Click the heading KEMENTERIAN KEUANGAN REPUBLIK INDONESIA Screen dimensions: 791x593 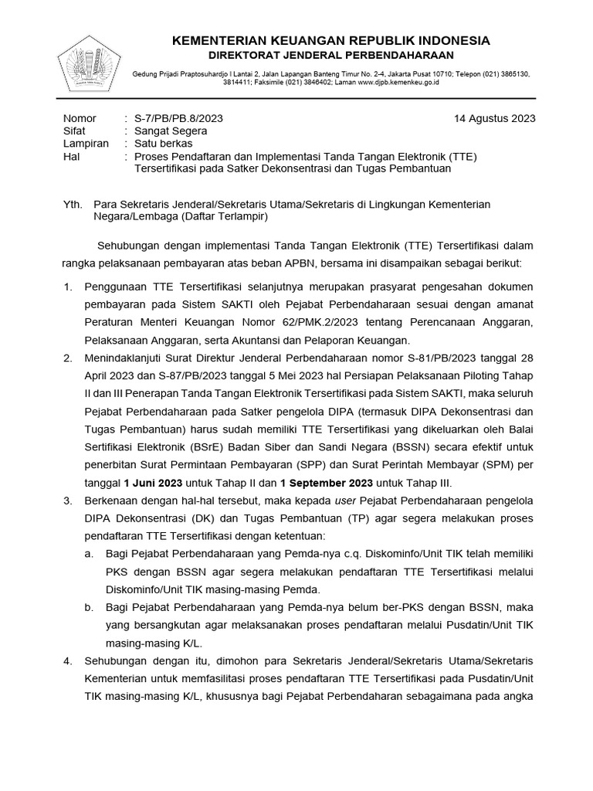[x=330, y=40]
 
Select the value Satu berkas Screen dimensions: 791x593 [x=164, y=144]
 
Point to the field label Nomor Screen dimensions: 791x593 [x=79, y=118]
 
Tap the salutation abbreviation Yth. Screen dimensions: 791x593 [x=72, y=204]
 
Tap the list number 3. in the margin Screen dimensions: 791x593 [x=67, y=501]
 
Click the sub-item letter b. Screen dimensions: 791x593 [x=90, y=607]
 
